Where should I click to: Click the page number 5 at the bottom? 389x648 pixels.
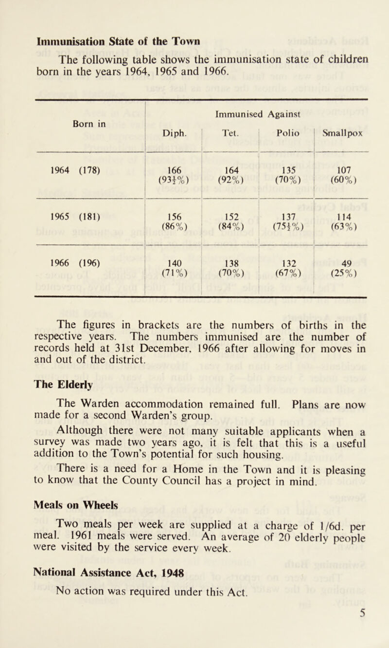tap(371, 635)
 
